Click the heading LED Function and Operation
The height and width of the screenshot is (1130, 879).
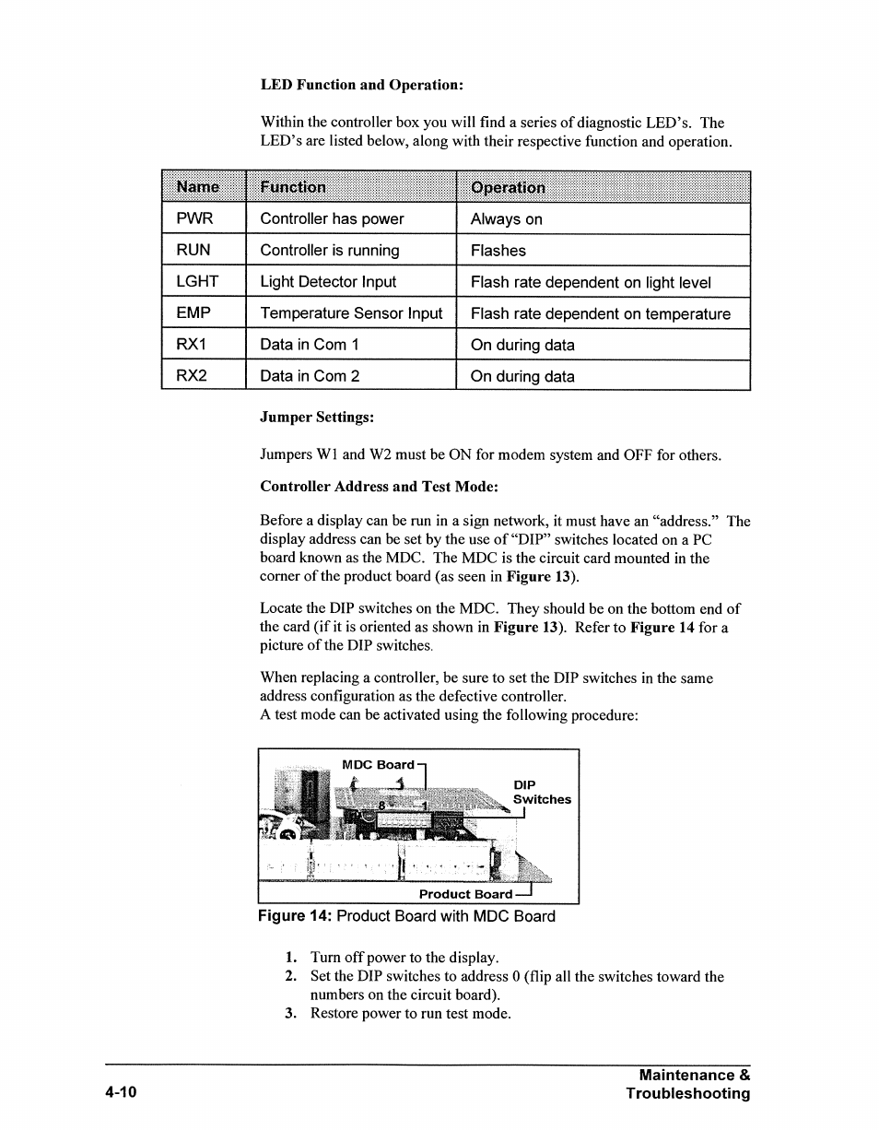[361, 85]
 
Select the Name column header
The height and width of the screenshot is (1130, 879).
[198, 187]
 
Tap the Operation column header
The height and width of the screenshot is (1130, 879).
[508, 188]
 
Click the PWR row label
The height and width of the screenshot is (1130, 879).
[194, 218]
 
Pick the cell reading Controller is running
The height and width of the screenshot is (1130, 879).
[330, 251]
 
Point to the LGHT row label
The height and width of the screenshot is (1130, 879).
[197, 281]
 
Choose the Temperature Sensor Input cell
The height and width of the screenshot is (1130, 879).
[351, 313]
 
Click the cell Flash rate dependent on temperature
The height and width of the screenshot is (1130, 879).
[600, 314]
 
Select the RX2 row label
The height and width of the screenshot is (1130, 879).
[193, 376]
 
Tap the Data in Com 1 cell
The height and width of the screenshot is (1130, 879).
[310, 345]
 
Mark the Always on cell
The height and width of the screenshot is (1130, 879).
[506, 219]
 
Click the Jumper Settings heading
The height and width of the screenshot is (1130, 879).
[317, 418]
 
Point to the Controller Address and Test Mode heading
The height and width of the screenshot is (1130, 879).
[379, 487]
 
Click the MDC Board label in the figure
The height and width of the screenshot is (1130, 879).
[378, 765]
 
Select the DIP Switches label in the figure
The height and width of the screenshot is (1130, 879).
[542, 793]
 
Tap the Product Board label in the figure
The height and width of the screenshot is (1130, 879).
[465, 894]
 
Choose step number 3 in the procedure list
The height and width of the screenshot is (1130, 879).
[290, 1014]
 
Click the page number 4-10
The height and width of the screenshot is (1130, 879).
[121, 1093]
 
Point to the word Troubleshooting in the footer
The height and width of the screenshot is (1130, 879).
[687, 1094]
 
